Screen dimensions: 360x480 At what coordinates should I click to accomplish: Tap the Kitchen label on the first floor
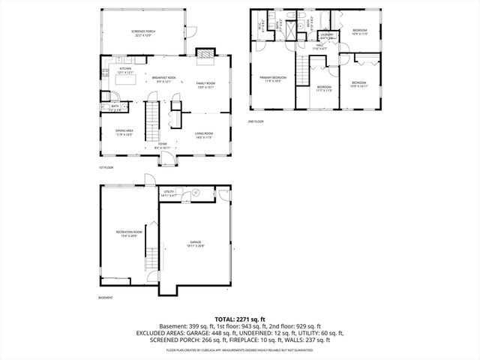pyautogui.click(x=125, y=70)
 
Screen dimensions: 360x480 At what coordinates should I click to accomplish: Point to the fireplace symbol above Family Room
pyautogui.click(x=203, y=53)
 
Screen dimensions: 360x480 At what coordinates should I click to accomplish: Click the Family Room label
pyautogui.click(x=205, y=85)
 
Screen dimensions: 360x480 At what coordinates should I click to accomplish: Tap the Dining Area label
pyautogui.click(x=124, y=133)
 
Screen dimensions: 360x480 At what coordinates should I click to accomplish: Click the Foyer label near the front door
pyautogui.click(x=162, y=147)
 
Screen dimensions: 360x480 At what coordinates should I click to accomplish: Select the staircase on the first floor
pyautogui.click(x=153, y=120)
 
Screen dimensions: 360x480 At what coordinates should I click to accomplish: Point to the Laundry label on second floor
pyautogui.click(x=327, y=35)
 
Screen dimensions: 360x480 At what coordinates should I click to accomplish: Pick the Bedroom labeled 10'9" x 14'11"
pyautogui.click(x=359, y=84)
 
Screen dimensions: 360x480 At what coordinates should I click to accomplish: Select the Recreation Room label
pyautogui.click(x=125, y=234)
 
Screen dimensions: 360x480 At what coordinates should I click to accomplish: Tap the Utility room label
pyautogui.click(x=169, y=193)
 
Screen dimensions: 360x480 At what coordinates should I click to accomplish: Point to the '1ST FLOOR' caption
pyautogui.click(x=105, y=167)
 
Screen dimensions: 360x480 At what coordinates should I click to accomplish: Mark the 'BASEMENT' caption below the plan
pyautogui.click(x=106, y=298)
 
